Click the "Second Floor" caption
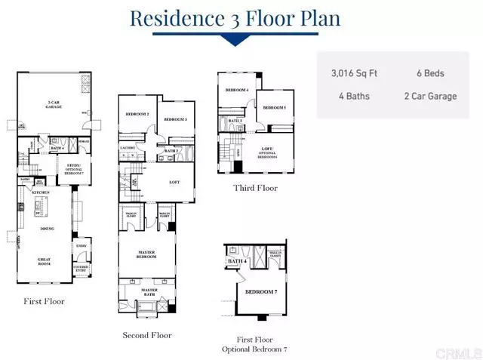coord(146,335)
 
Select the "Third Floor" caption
coord(256,188)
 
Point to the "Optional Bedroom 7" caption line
coord(254,350)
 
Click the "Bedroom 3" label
coord(175,119)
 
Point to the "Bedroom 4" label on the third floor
coord(236,91)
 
